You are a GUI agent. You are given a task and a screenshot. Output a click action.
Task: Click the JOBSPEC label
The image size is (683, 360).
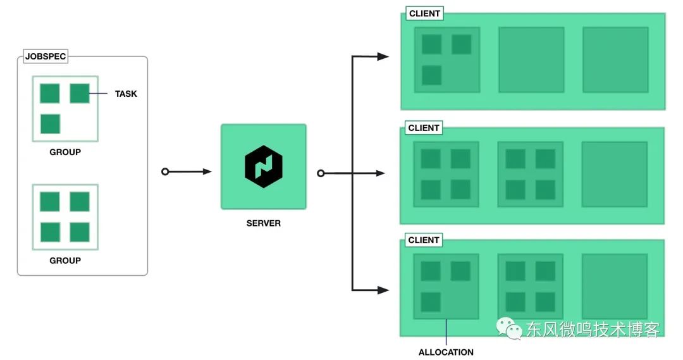[46, 56]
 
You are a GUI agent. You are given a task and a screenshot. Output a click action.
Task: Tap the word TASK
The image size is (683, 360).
[126, 94]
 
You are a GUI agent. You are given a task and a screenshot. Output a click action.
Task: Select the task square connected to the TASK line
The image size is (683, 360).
[80, 93]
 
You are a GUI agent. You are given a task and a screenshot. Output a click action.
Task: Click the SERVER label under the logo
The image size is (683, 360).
[264, 223]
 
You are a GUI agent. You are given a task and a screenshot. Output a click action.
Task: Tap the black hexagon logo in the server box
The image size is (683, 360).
[264, 166]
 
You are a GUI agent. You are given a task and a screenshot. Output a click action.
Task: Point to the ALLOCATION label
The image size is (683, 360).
[446, 352]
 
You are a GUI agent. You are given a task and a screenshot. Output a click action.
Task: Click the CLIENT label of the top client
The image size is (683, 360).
[424, 13]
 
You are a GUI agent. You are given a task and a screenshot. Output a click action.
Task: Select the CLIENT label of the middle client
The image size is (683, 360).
[423, 128]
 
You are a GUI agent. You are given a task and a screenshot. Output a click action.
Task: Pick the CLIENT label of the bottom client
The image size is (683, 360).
[423, 240]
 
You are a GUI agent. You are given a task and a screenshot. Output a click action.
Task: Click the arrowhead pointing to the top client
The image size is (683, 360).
[383, 56]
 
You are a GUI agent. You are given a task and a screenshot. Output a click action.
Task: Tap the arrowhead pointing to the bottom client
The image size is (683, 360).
[383, 290]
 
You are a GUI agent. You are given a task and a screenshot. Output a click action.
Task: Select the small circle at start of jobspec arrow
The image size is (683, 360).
[165, 171]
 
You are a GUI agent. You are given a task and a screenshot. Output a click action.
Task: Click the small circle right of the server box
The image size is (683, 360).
[321, 173]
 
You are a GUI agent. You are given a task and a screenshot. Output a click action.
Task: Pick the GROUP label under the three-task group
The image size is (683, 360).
[65, 152]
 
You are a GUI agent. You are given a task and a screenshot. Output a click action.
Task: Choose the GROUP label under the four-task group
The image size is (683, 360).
[65, 261]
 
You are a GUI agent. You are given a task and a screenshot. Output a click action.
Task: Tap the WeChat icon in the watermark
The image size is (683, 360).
[509, 328]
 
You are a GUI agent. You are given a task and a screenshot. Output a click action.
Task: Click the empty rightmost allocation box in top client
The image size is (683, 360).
[615, 59]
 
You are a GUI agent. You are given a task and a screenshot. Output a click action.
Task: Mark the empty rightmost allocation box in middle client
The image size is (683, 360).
[615, 175]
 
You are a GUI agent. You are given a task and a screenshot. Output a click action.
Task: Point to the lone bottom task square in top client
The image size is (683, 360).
[432, 75]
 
